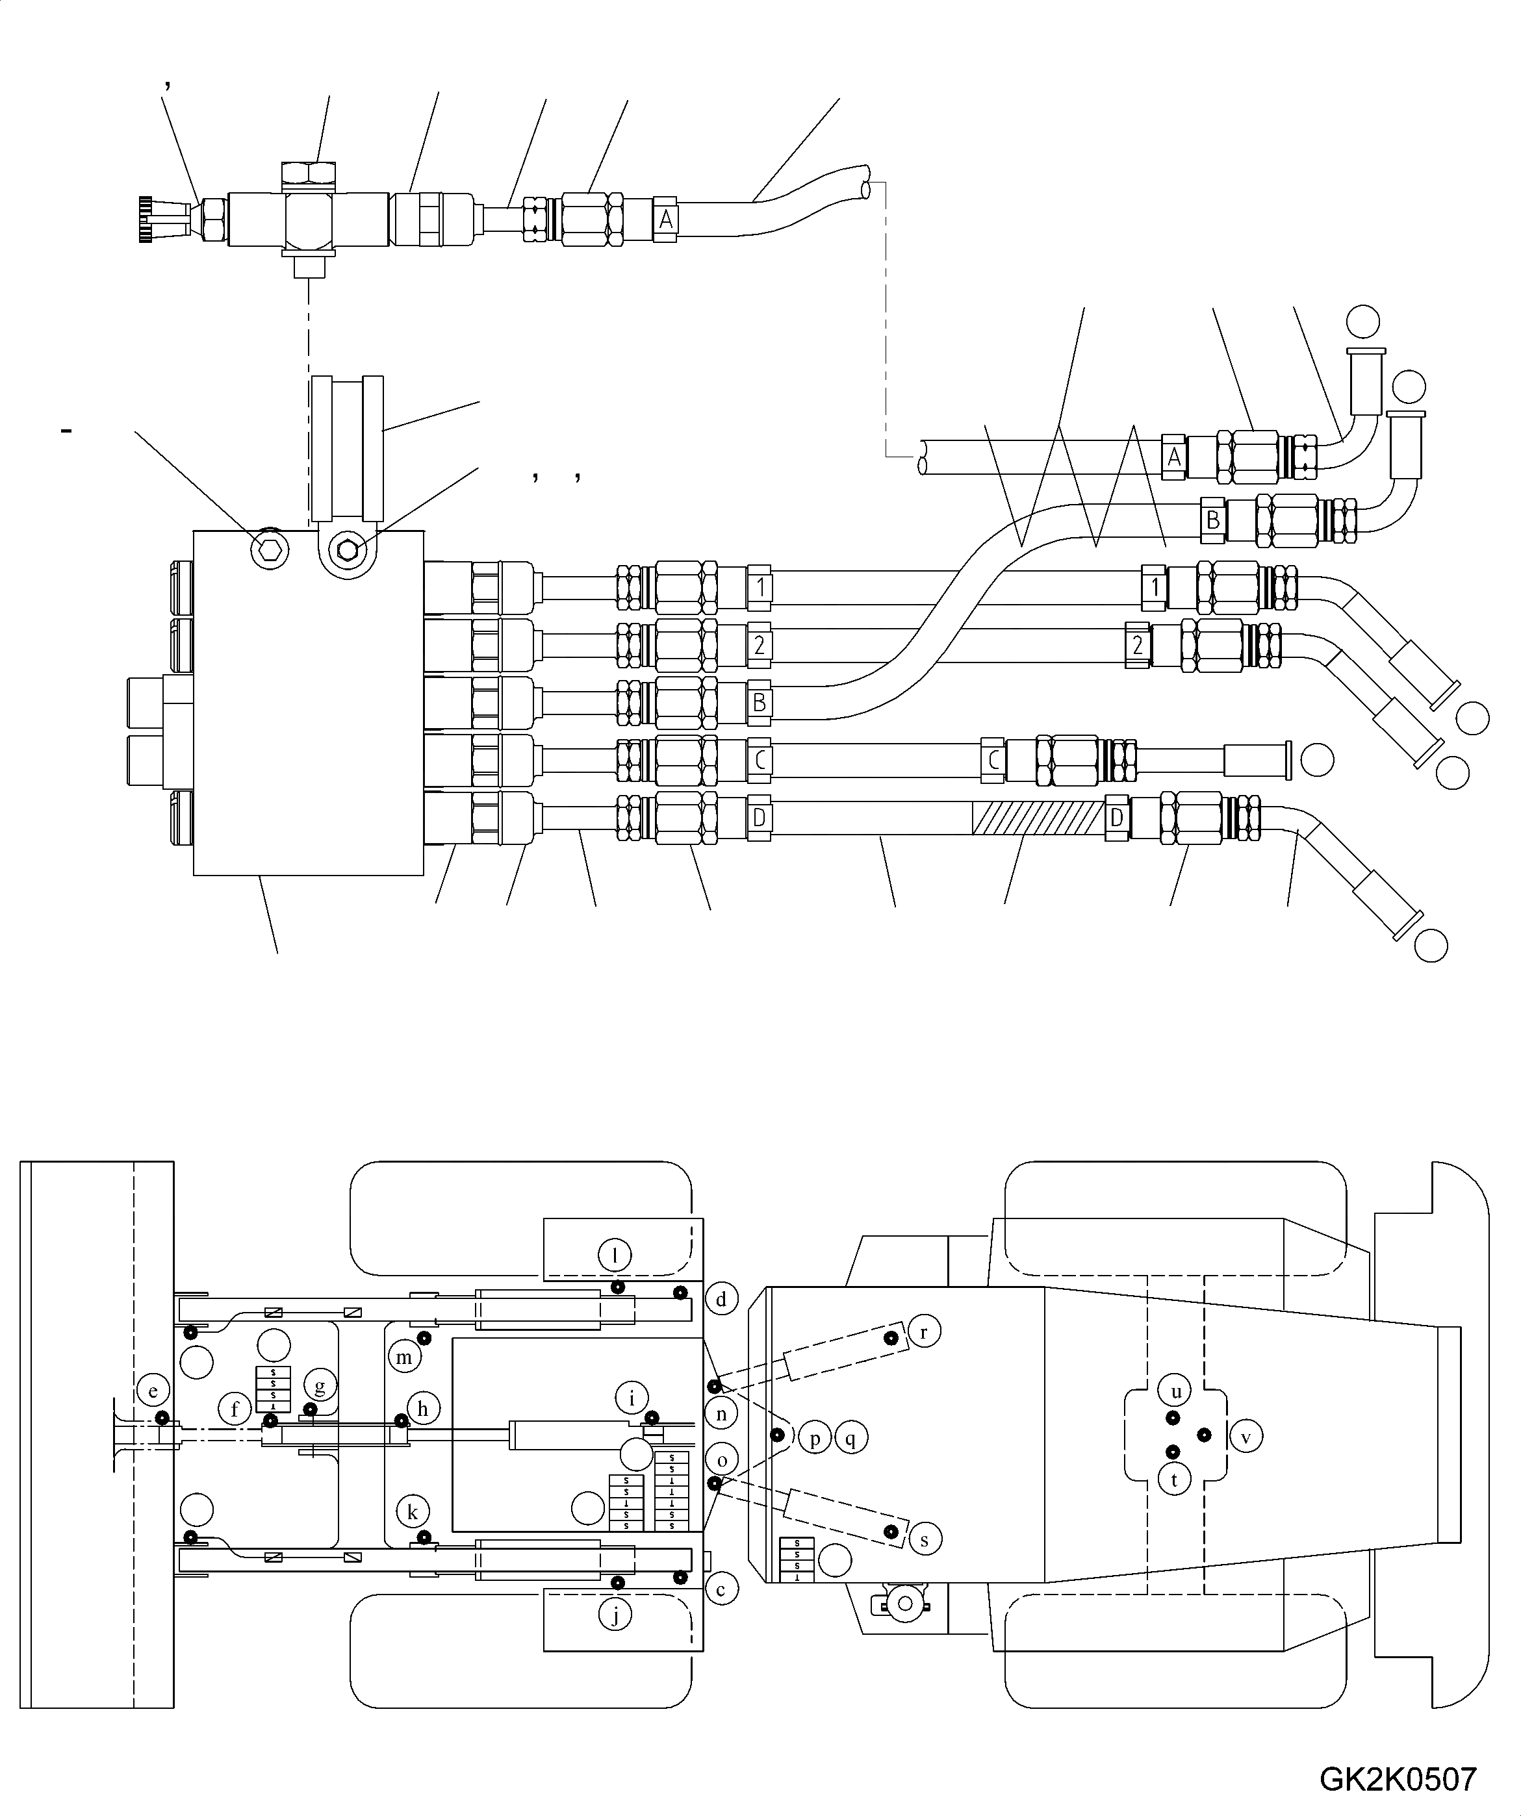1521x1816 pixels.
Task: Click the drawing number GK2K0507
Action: tap(1398, 1779)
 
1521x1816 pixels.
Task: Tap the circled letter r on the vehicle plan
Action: tap(923, 1331)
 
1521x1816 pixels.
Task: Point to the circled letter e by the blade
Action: tap(153, 1391)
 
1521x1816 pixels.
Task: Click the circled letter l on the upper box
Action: tap(615, 1255)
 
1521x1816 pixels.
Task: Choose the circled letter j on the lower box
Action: tap(615, 1615)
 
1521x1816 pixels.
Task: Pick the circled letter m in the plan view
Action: tap(404, 1357)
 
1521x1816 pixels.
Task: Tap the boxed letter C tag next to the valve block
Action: tap(759, 760)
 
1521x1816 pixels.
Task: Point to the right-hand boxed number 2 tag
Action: tap(1138, 644)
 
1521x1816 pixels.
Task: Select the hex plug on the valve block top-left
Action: tap(268, 548)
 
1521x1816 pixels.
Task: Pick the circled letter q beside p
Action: tap(850, 1438)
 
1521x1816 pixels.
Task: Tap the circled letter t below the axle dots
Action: tap(1174, 1480)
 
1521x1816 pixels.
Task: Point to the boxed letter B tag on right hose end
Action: tap(1212, 520)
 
